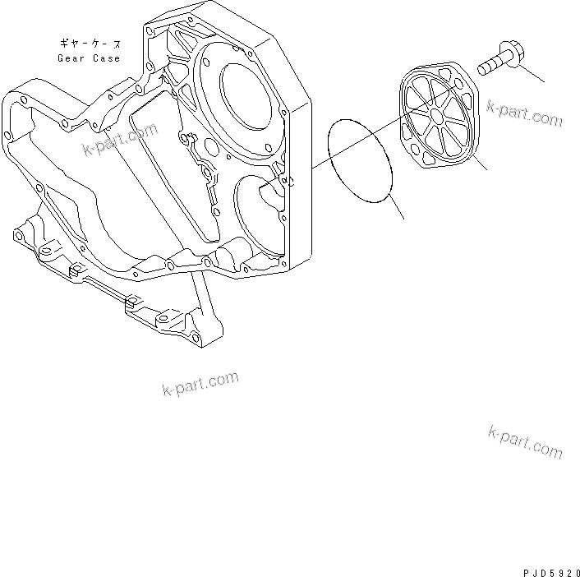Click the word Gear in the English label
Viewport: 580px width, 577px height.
(x=72, y=58)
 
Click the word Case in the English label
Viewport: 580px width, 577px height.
(x=106, y=58)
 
